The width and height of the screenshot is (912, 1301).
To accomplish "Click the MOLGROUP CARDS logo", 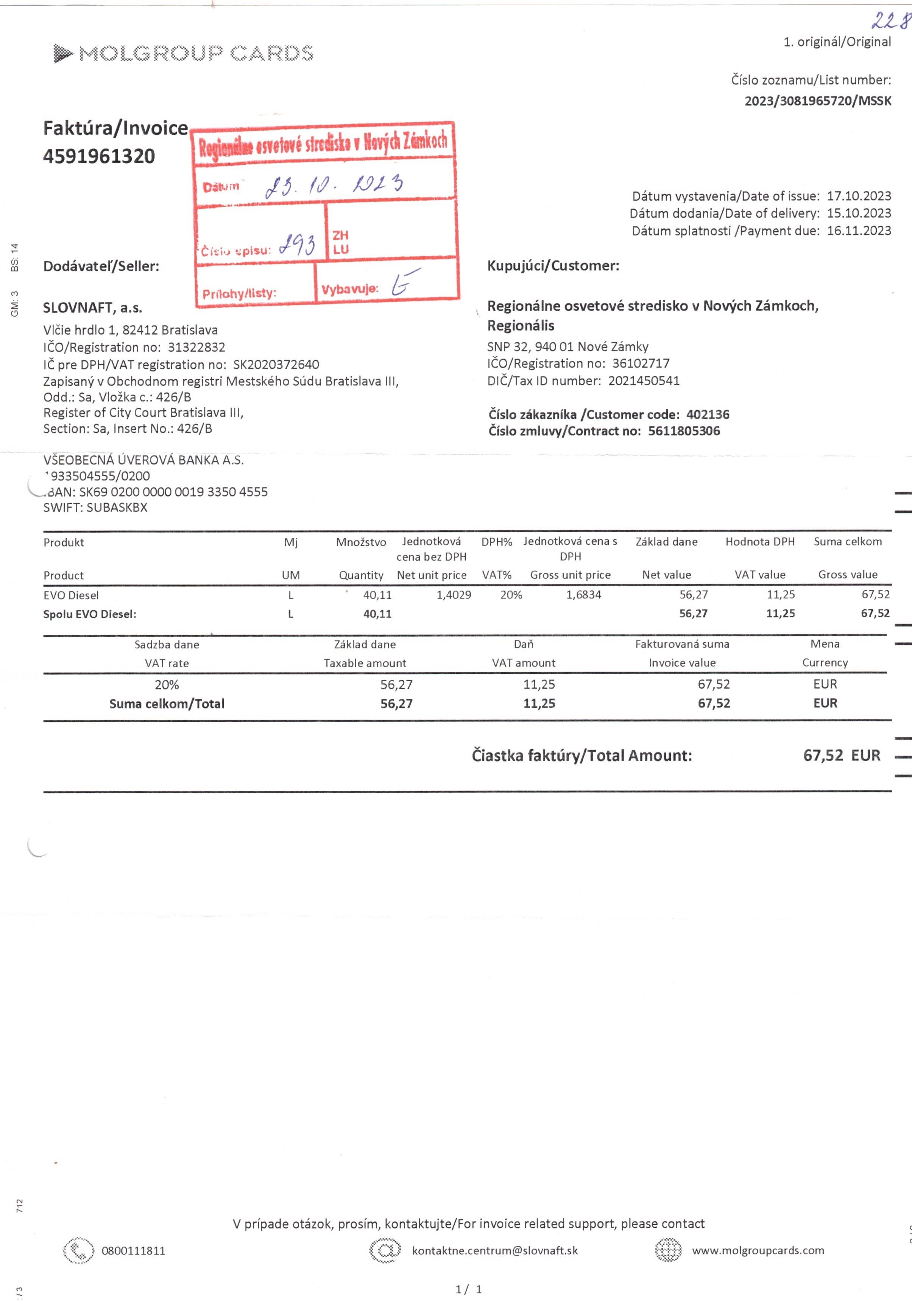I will pyautogui.click(x=183, y=53).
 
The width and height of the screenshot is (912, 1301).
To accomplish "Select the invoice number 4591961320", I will pyautogui.click(x=99, y=156).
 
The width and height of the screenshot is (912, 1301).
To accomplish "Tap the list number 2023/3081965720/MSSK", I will pyautogui.click(x=817, y=101).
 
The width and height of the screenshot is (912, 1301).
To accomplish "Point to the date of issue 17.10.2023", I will pyautogui.click(x=859, y=196).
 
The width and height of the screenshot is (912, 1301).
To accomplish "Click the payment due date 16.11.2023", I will pyautogui.click(x=859, y=231).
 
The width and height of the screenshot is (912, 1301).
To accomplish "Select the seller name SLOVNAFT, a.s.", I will pyautogui.click(x=92, y=308).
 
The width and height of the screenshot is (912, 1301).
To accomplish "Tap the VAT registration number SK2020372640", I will pyautogui.click(x=276, y=365).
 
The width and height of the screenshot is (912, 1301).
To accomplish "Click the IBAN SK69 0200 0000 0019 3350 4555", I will pyautogui.click(x=173, y=492).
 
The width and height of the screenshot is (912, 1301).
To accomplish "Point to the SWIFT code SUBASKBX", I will pyautogui.click(x=117, y=507).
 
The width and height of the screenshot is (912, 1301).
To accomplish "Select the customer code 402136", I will pyautogui.click(x=708, y=414).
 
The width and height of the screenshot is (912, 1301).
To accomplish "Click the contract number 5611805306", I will pyautogui.click(x=684, y=431).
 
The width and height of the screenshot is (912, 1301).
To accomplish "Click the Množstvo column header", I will pyautogui.click(x=361, y=542).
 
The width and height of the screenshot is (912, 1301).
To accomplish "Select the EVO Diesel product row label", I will pyautogui.click(x=71, y=595).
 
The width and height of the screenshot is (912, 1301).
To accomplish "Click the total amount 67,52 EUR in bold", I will pyautogui.click(x=841, y=755).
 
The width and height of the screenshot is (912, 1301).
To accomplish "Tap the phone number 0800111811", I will pyautogui.click(x=133, y=1251).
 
